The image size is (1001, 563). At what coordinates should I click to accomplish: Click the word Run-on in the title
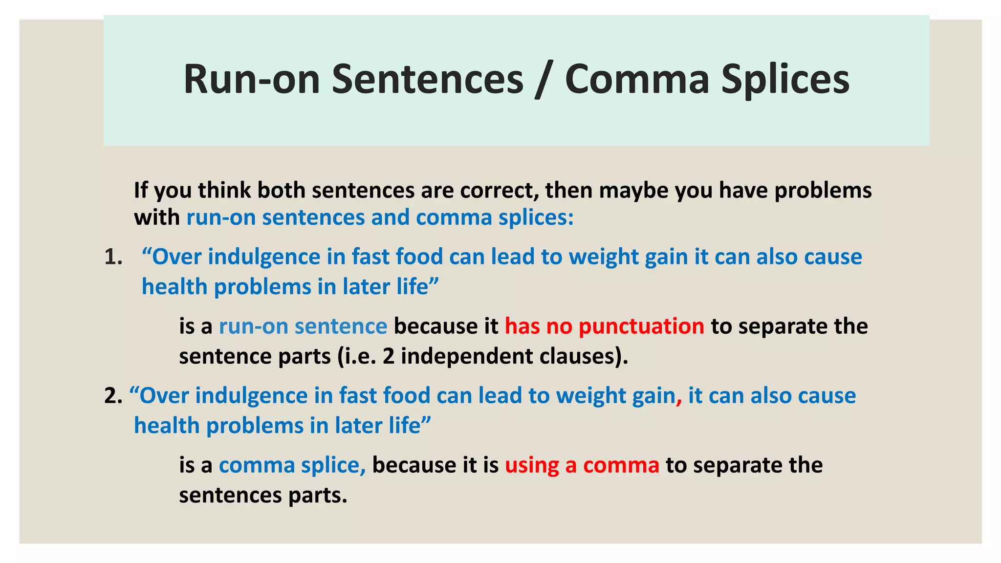point(251,79)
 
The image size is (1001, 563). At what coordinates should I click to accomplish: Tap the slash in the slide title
point(544,80)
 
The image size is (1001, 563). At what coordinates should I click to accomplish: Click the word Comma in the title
point(637,79)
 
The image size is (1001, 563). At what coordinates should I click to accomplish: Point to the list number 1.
point(113,257)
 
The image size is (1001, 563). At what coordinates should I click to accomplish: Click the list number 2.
point(113,396)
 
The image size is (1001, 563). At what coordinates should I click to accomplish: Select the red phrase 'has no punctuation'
point(604,326)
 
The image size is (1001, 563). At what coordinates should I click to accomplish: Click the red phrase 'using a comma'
point(582,465)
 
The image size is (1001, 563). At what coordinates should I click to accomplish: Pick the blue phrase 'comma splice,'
point(292,465)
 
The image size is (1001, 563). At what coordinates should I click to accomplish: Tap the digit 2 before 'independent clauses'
point(389,356)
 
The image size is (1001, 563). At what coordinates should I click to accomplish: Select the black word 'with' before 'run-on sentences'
point(157,217)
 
